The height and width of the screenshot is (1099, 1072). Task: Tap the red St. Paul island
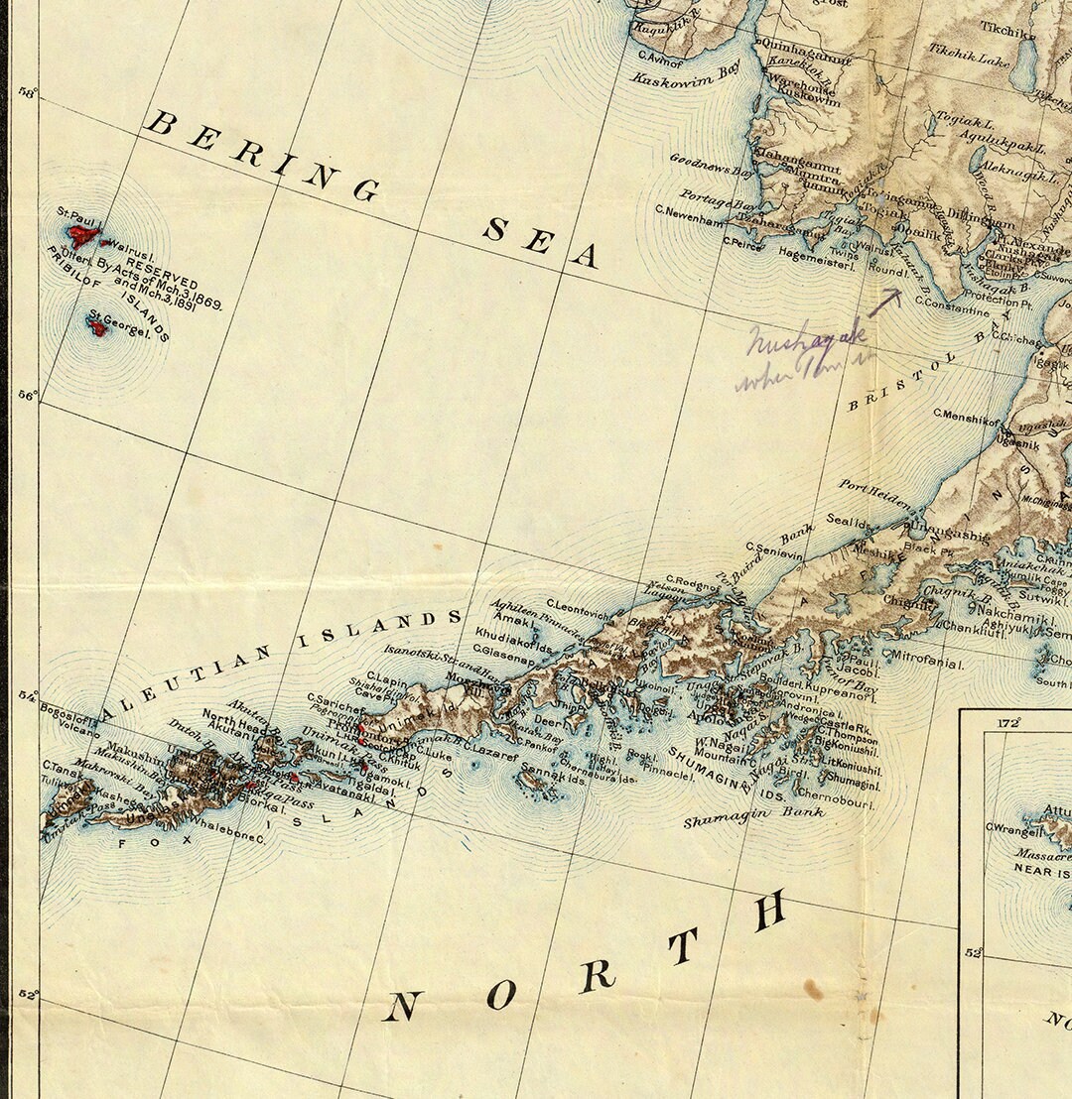tap(82, 235)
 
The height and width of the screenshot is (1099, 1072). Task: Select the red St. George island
tap(97, 326)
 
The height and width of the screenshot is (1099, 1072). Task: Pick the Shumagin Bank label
tap(753, 816)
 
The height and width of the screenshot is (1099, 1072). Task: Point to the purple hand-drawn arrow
tap(886, 301)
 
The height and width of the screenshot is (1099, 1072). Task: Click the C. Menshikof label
tap(966, 417)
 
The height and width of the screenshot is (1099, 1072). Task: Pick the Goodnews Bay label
tap(712, 164)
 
